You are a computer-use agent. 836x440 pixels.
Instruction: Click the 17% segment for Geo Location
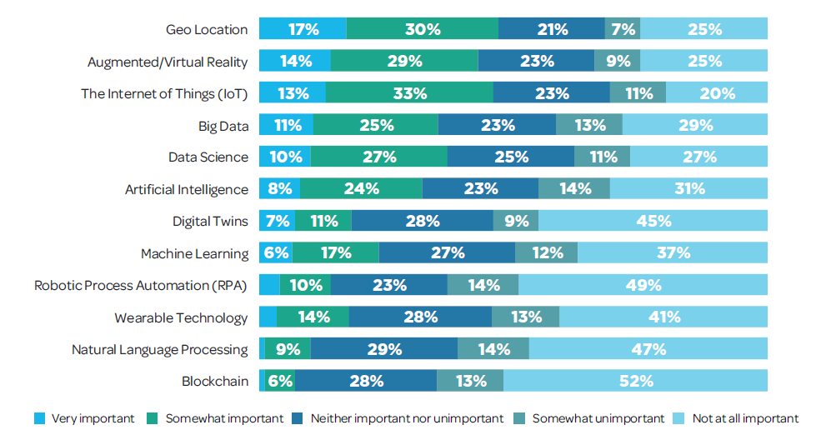[303, 29]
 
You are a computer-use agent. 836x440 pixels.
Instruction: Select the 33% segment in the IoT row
[409, 93]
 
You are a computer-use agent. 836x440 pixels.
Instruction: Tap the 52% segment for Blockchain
[635, 381]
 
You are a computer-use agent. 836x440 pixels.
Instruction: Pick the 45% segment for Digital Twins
[653, 221]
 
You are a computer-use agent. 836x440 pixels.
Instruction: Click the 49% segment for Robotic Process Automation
[643, 285]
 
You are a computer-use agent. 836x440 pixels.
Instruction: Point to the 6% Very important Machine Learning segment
[276, 253]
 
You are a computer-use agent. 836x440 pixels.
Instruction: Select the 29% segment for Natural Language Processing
[384, 349]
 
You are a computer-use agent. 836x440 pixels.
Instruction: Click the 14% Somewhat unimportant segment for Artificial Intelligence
[574, 189]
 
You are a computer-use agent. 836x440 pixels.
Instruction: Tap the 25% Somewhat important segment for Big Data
[376, 125]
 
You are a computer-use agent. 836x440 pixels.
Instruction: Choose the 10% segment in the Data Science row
[285, 157]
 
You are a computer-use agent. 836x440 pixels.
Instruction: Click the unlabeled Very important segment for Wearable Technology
[268, 317]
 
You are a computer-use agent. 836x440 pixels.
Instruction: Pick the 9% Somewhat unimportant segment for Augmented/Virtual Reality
[618, 61]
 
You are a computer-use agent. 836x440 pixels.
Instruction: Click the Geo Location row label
[207, 30]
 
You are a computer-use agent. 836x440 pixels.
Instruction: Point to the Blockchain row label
[215, 382]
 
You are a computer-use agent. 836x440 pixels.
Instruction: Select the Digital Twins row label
[210, 222]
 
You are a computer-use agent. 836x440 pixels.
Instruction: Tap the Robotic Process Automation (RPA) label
[141, 286]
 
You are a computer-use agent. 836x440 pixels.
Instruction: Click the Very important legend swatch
[40, 417]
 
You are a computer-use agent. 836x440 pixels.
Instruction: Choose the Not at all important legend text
[745, 418]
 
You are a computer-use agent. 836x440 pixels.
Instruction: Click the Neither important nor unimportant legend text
[407, 418]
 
